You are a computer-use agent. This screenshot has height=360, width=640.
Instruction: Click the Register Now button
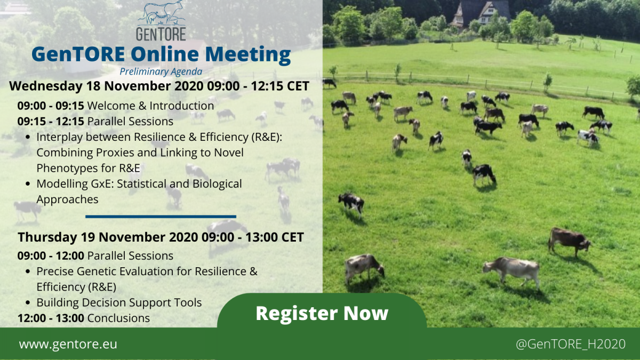(322, 313)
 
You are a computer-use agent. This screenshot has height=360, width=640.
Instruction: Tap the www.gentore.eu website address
(68, 344)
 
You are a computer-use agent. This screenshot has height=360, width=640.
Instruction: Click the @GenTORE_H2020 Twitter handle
(571, 344)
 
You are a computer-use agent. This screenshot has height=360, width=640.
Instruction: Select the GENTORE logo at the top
(161, 21)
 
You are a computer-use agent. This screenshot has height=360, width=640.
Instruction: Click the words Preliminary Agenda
(161, 71)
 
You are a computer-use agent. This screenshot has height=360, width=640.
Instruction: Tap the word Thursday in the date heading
(47, 237)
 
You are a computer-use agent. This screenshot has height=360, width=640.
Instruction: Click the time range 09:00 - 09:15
(51, 106)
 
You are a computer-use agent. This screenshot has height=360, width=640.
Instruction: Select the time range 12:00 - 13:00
(51, 318)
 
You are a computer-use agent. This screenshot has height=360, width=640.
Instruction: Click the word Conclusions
(118, 318)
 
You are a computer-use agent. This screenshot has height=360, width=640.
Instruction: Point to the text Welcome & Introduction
(150, 106)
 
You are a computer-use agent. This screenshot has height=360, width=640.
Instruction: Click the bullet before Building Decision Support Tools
(28, 303)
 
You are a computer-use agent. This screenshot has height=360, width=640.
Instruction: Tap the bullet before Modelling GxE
(28, 183)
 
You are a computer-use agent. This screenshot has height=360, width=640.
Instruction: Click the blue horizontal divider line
(161, 217)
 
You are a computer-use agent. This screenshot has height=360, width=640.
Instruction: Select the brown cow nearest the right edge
(569, 242)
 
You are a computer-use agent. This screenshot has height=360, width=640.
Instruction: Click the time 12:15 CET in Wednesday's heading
(280, 86)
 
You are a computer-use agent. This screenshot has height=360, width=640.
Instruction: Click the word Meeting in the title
(248, 54)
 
